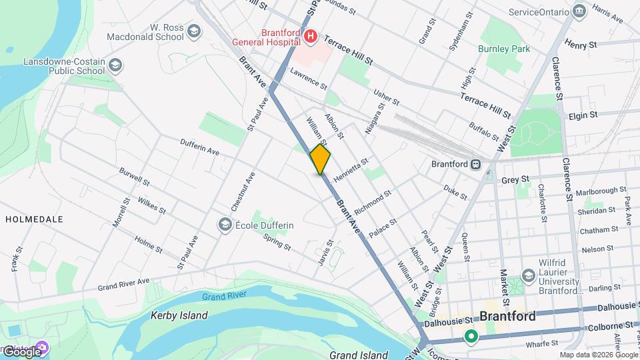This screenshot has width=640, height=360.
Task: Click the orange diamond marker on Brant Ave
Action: (x=320, y=159)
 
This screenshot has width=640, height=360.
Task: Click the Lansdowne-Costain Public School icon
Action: (x=115, y=65)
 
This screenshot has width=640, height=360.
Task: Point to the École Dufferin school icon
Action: (x=225, y=225)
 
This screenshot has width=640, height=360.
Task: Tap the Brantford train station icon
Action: (x=477, y=164)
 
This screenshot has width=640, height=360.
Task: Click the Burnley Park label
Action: (x=503, y=49)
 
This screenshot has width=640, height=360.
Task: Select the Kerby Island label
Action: (x=179, y=315)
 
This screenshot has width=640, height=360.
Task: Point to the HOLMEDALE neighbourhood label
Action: (x=34, y=219)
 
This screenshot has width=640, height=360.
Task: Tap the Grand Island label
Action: (x=358, y=355)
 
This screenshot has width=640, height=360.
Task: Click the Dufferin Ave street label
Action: (x=199, y=147)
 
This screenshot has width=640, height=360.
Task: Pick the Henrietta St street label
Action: (x=351, y=171)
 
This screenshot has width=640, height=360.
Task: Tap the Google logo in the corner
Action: (x=21, y=351)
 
